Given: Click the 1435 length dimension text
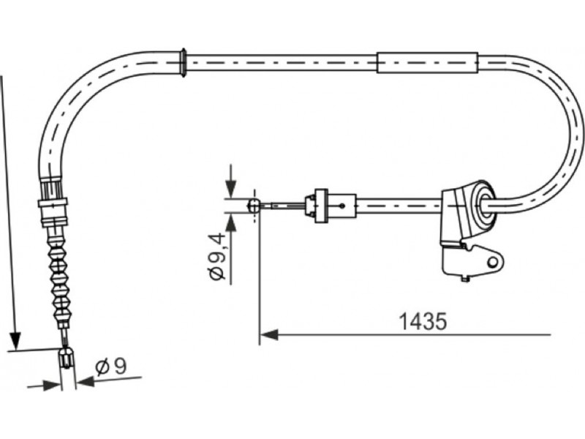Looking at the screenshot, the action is pyautogui.click(x=423, y=321).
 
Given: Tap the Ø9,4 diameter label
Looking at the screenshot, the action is pyautogui.click(x=217, y=257).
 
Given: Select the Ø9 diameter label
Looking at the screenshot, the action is pyautogui.click(x=111, y=367).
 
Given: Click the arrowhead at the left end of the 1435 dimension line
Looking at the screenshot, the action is pyautogui.click(x=269, y=334).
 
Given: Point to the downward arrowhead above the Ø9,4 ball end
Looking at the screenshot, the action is pyautogui.click(x=231, y=189).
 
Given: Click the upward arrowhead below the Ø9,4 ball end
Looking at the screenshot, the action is pyautogui.click(x=231, y=222).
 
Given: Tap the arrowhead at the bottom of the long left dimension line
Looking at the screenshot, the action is pyautogui.click(x=15, y=340).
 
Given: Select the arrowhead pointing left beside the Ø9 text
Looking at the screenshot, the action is pyautogui.click(x=85, y=381).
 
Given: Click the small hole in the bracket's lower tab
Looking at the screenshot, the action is pyautogui.click(x=494, y=263).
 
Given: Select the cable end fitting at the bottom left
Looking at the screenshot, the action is pyautogui.click(x=67, y=359).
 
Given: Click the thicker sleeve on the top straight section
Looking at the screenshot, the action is pyautogui.click(x=428, y=62).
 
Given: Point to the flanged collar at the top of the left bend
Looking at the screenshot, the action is pyautogui.click(x=184, y=63).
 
